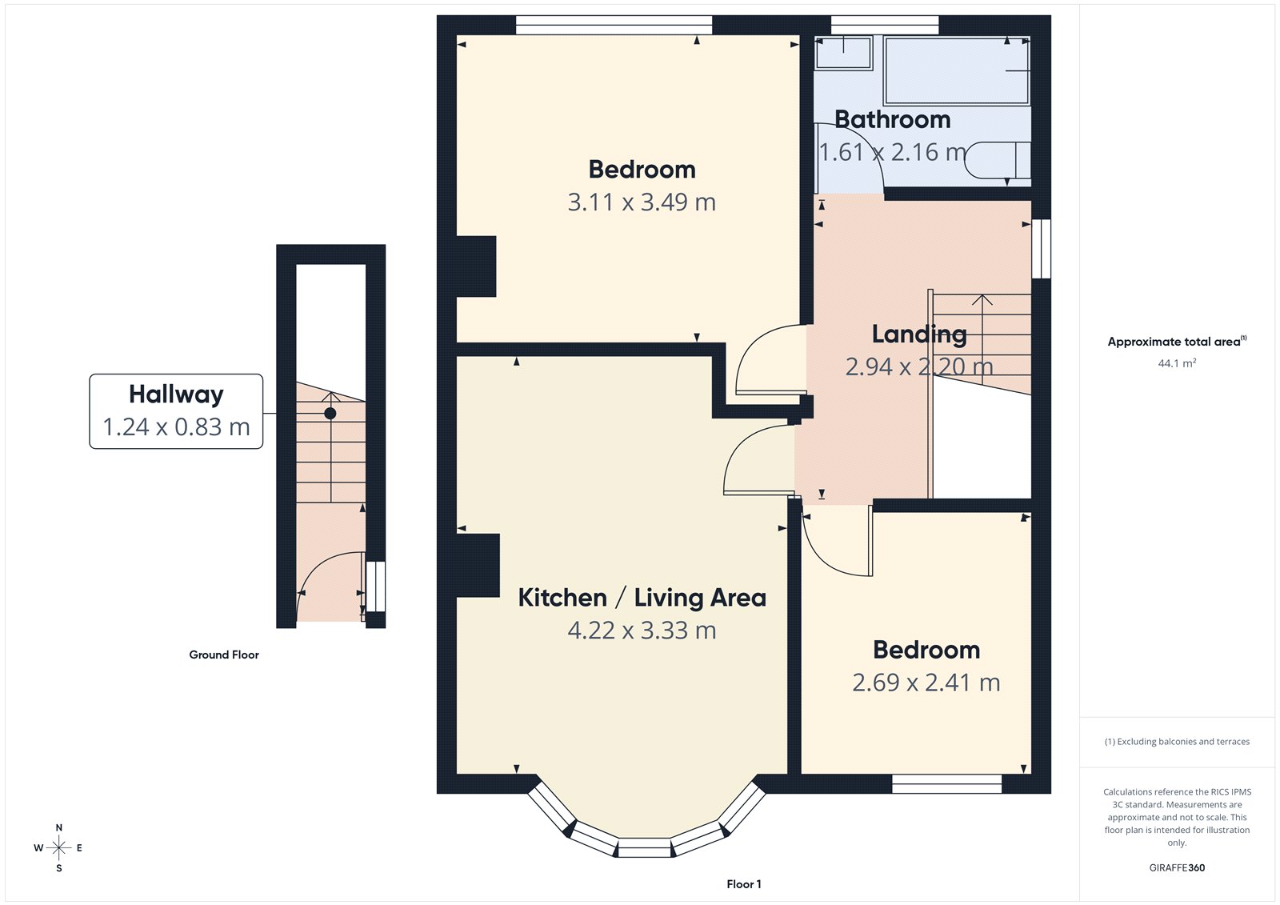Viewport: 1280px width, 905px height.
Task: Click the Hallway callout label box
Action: click(176, 410)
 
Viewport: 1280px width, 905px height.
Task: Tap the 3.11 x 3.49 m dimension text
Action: click(642, 202)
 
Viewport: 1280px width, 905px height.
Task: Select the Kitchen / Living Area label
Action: click(642, 598)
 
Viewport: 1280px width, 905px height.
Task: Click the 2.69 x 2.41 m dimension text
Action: click(926, 683)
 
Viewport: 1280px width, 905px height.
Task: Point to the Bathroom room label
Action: click(893, 120)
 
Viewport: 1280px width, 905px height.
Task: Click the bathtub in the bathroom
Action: click(957, 70)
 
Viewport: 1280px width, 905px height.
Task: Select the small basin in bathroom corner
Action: click(843, 53)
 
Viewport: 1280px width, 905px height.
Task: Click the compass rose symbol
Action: click(59, 847)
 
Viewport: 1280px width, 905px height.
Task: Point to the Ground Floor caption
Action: click(224, 655)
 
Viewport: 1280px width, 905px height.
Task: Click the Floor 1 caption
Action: click(744, 884)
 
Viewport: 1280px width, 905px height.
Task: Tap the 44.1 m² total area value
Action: click(1177, 363)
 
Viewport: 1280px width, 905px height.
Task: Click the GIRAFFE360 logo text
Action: click(1177, 867)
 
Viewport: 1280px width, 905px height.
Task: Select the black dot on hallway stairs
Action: click(330, 414)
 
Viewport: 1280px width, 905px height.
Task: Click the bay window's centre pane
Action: click(645, 847)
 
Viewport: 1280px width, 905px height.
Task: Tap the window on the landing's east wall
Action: click(1041, 249)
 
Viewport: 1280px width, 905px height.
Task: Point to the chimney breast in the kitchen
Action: click(478, 566)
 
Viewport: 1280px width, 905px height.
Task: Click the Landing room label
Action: click(919, 334)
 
